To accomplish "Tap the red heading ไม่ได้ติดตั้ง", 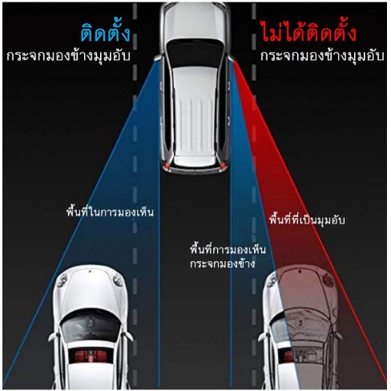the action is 308,31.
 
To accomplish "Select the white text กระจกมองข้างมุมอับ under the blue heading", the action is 68,56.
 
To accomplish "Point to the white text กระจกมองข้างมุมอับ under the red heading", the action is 322,56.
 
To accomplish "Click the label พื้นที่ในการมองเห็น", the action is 110,212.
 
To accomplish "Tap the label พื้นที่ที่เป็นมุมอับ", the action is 307,220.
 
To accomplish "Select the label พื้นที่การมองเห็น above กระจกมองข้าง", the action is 228,249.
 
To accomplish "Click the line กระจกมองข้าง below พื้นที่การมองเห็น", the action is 223,264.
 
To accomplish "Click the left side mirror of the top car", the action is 158,58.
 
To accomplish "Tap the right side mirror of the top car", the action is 232,58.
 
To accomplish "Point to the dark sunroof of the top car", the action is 195,53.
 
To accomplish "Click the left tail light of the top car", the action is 167,167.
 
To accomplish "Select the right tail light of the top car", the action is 223,167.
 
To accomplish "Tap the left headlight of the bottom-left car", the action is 62,280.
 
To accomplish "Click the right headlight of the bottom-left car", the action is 118,280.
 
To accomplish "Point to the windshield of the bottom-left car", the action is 91,326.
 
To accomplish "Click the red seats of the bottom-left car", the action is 90,356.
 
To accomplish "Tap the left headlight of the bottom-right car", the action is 271,280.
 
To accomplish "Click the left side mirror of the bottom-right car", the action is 263,337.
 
